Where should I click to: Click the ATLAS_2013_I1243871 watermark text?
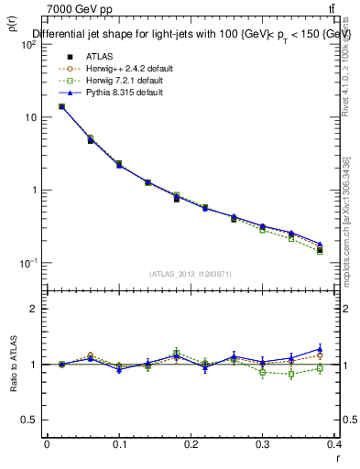(x=191, y=274)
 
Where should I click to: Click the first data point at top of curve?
(x=61, y=106)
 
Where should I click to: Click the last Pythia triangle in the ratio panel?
(x=320, y=349)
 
